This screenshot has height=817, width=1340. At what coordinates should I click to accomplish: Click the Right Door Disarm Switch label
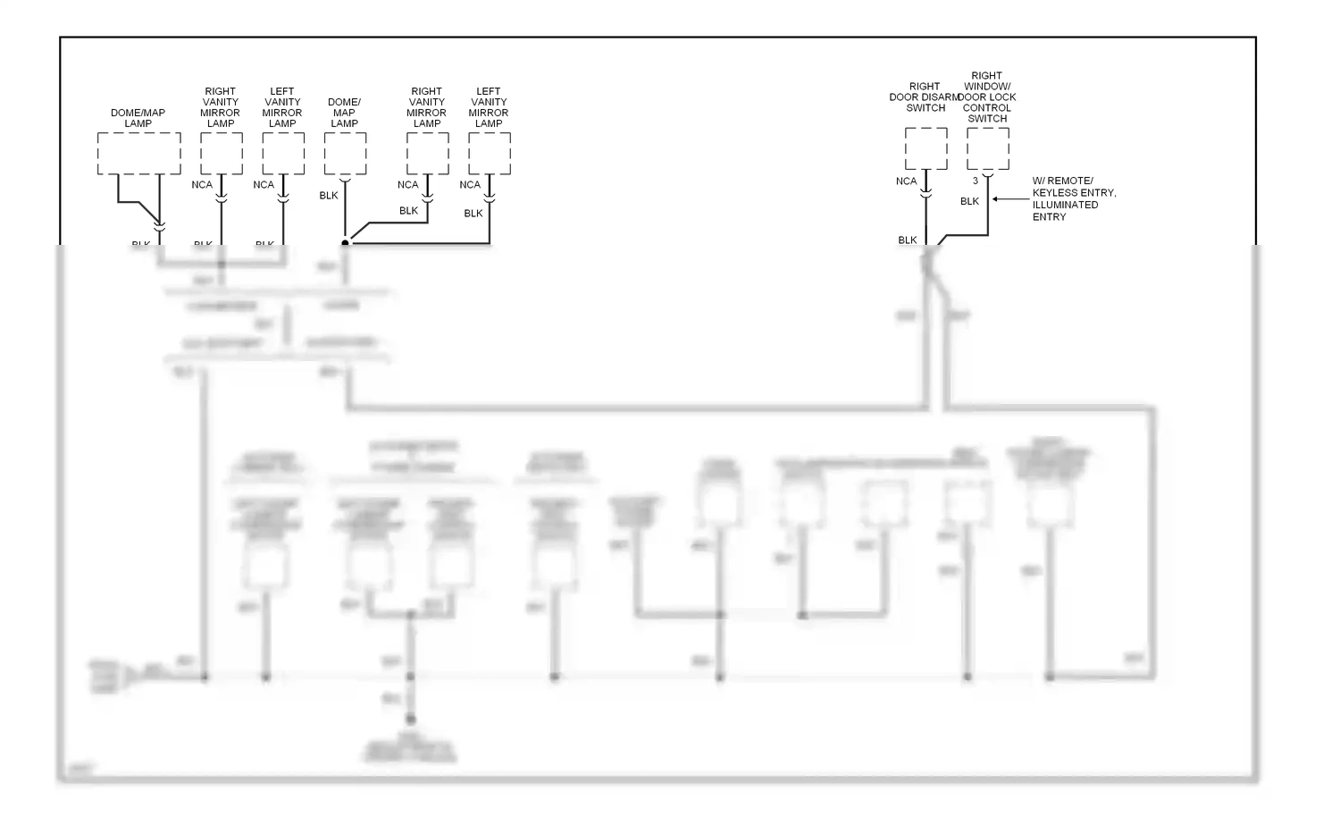coord(925,97)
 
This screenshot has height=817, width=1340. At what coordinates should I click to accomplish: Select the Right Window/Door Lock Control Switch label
coord(987,97)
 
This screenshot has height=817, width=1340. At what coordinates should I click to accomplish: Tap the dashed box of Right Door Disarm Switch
coord(925,148)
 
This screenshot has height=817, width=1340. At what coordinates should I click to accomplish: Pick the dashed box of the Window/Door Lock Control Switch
coord(988,148)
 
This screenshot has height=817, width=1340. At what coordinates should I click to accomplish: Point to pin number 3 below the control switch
coord(976,181)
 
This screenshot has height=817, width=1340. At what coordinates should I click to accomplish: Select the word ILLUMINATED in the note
coord(1066,205)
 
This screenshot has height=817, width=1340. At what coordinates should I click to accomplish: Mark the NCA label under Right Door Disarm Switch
coord(906,181)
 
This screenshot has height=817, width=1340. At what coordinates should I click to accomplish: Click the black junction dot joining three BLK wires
coord(345,242)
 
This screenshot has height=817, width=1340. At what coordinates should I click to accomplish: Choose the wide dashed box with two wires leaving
coord(138,154)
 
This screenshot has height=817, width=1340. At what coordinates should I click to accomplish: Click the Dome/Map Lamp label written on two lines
coord(138,118)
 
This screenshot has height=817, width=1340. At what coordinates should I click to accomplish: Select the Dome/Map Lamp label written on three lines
coord(345,113)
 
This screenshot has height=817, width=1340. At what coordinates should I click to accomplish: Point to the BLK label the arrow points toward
coord(970,202)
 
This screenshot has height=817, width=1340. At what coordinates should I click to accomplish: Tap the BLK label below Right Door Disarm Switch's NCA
coord(908,240)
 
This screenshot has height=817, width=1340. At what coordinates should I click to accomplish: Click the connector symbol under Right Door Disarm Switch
coord(926,192)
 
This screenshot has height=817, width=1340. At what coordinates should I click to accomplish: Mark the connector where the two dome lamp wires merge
coord(159,229)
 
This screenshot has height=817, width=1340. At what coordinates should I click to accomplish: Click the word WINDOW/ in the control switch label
coord(986,87)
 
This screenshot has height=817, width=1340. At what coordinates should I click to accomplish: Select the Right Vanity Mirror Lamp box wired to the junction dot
coord(427,154)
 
